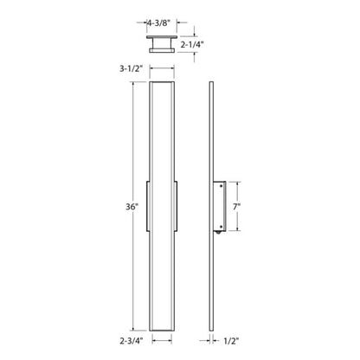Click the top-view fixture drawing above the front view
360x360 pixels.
click(x=163, y=44)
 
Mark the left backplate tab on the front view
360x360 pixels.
click(x=148, y=208)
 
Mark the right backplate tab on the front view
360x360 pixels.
click(x=178, y=208)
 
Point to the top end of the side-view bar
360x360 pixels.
click(x=213, y=83)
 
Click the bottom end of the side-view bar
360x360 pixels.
click(x=213, y=330)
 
